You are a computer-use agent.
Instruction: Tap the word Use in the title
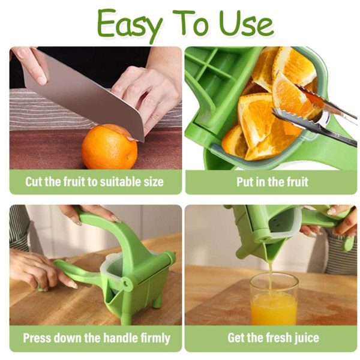click(246, 23)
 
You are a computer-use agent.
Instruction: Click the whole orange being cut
click(110, 146)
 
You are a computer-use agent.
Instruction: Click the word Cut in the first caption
click(34, 182)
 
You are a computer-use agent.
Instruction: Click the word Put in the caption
click(245, 182)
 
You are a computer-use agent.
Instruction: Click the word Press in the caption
click(37, 338)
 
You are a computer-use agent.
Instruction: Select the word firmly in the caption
click(155, 338)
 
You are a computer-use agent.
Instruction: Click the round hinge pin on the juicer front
click(126, 282)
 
